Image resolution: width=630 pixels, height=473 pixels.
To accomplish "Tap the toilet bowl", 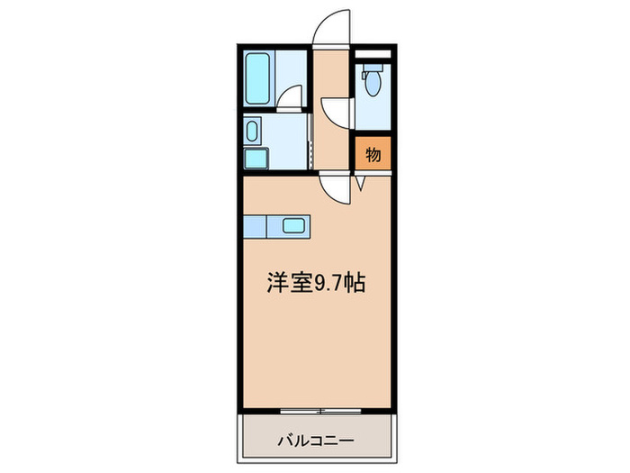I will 370,84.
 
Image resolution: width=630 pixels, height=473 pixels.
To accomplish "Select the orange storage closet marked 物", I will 373,154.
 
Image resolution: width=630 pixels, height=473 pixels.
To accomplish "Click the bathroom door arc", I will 289,96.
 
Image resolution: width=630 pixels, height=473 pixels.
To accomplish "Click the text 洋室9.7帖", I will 315,283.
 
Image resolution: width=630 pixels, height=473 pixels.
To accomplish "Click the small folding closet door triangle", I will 360,183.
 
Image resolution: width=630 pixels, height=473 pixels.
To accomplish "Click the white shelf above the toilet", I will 373,55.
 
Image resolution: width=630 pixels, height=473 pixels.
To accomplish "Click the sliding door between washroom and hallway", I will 310,135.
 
